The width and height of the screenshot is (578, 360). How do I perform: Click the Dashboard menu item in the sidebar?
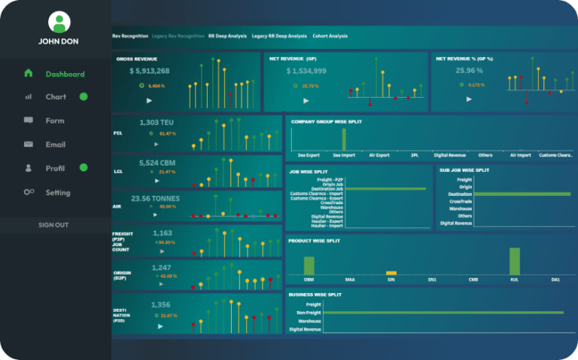(x=64, y=74)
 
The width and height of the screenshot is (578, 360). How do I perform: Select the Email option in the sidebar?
(x=55, y=145)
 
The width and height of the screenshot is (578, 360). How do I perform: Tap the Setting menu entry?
(x=57, y=193)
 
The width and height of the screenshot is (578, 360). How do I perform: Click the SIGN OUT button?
(x=53, y=225)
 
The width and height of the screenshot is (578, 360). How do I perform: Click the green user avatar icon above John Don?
(x=59, y=22)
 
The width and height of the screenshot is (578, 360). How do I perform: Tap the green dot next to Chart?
(x=84, y=96)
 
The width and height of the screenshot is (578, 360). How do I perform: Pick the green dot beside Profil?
(x=84, y=167)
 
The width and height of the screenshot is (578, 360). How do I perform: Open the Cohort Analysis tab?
(x=331, y=36)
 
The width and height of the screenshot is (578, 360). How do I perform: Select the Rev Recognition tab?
(x=129, y=36)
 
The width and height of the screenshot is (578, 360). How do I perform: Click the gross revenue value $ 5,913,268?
(x=149, y=71)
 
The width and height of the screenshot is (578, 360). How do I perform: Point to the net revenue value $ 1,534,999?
(x=306, y=71)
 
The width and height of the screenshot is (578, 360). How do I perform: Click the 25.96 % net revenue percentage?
(x=469, y=71)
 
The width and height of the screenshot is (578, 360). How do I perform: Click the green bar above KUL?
(x=515, y=261)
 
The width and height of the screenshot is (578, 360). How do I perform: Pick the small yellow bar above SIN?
(x=391, y=273)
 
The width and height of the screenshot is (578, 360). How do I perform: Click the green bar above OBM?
(x=309, y=266)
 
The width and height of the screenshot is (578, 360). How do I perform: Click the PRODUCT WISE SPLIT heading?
(x=315, y=241)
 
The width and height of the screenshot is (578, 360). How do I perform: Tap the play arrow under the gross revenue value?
(x=151, y=99)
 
